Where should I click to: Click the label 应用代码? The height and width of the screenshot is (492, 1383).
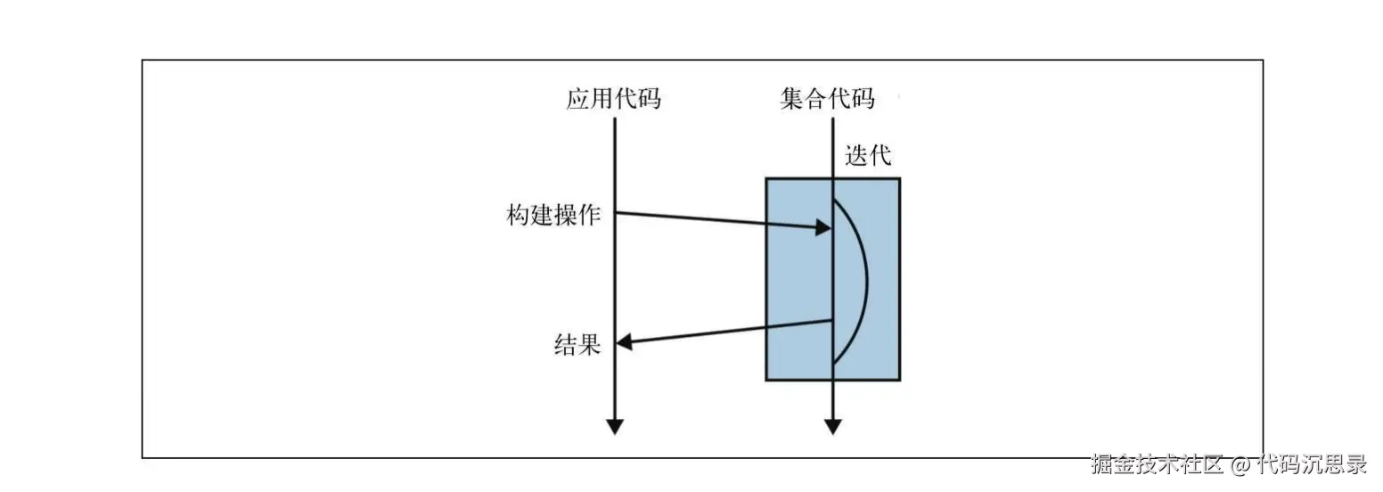(613, 98)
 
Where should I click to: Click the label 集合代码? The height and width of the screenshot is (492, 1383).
(827, 98)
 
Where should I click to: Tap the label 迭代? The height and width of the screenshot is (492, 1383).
(868, 156)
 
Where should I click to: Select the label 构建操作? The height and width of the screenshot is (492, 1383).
(553, 215)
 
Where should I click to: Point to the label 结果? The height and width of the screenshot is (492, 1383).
(577, 344)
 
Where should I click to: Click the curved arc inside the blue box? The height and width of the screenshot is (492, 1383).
(865, 281)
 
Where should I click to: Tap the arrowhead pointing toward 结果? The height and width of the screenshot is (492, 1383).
(626, 342)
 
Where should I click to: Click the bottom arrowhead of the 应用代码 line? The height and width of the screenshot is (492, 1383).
(614, 426)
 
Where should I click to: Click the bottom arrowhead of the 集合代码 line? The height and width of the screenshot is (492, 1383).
(832, 426)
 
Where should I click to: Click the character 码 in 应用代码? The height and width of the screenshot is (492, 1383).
(649, 98)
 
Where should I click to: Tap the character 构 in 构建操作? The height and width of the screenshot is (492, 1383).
(519, 215)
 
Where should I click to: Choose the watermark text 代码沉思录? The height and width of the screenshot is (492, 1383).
(1312, 464)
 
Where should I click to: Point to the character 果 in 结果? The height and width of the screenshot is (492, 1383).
(589, 344)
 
